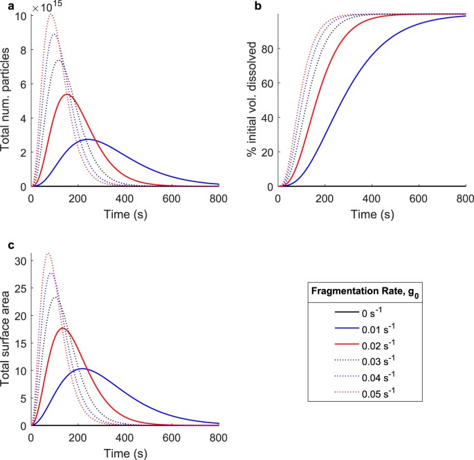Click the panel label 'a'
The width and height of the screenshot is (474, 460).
coord(5,6)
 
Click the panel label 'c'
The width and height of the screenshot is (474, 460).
coord(5,246)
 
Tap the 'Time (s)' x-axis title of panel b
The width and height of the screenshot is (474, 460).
coord(372,214)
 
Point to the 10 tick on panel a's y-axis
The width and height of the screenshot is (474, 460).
coord(21,15)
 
